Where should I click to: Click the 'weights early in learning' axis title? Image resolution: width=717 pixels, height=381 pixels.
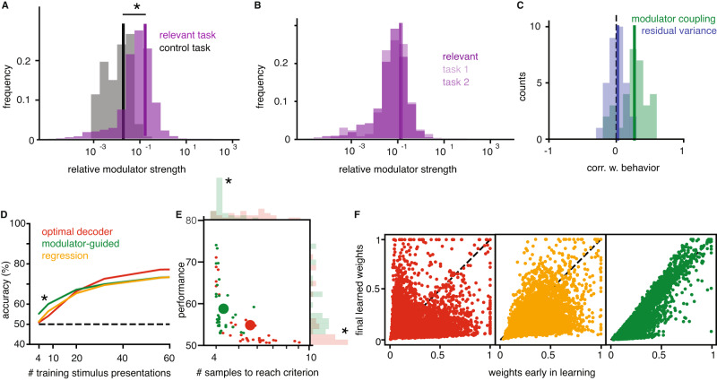550,370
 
